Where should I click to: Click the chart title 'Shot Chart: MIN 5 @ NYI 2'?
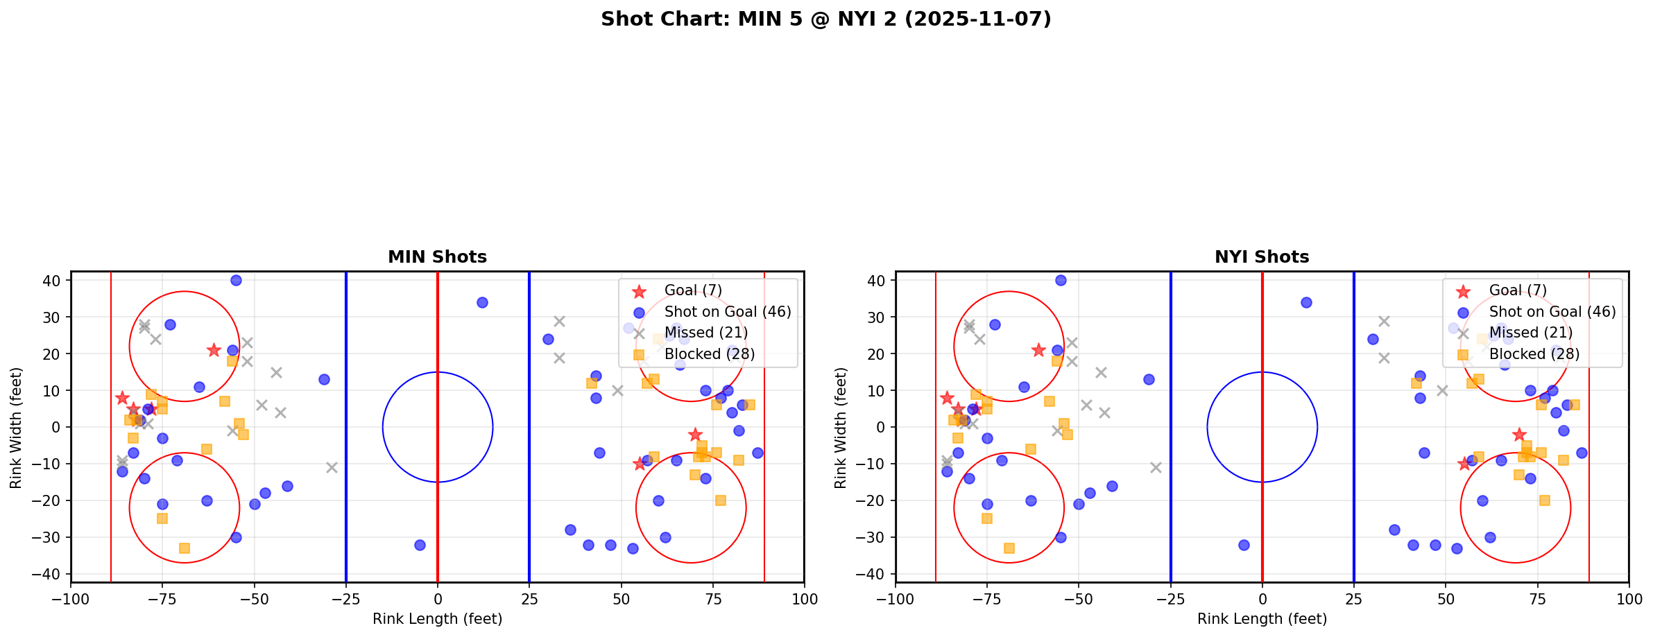[825, 19]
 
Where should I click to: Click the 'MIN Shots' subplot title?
[437, 257]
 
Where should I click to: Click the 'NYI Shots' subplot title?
[1262, 257]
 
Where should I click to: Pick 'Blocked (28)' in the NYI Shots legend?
[1534, 354]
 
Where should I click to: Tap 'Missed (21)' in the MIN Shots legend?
[705, 333]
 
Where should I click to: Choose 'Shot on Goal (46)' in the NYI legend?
[1552, 312]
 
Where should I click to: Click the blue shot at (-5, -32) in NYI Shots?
[1244, 545]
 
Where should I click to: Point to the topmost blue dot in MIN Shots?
[236, 280]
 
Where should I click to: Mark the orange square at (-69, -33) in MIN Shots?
[185, 548]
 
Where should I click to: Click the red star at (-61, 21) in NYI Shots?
[1038, 350]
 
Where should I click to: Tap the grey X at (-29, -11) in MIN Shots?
[332, 467]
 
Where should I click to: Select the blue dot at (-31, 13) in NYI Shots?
[1149, 379]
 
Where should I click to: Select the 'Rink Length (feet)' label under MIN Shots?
[437, 619]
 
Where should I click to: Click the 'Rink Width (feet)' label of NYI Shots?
[841, 428]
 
